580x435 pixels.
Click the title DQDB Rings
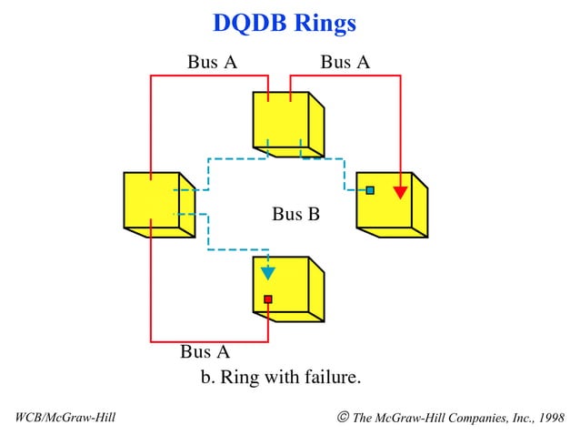click(284, 23)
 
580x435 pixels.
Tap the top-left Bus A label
click(212, 62)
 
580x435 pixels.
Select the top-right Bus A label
click(345, 62)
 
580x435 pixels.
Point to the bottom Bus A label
click(205, 351)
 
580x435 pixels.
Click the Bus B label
click(295, 215)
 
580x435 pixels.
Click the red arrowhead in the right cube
click(399, 192)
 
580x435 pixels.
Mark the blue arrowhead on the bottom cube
click(267, 272)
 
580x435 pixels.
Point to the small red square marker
click(267, 298)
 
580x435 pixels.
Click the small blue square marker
click(370, 190)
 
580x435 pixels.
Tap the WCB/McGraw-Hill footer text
click(65, 418)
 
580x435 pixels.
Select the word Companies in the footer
click(470, 418)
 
